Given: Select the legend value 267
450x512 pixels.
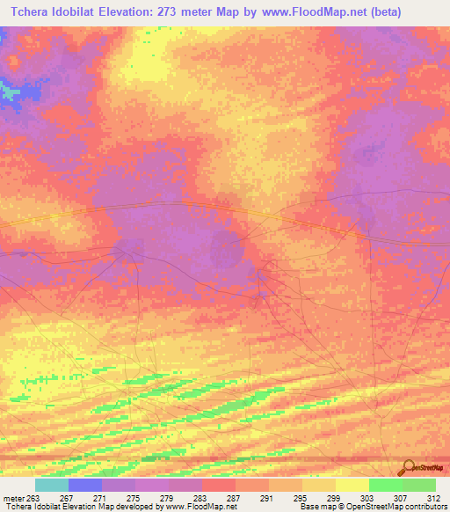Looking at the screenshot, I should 66,497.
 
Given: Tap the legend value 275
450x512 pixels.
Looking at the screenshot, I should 133,497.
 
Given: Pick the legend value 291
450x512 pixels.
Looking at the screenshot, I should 267,497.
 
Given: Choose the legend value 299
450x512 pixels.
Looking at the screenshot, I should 334,497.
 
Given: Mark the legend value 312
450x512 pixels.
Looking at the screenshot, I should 434,497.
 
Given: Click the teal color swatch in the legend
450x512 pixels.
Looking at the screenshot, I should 51,485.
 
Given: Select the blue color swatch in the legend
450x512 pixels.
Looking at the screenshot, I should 84,485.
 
